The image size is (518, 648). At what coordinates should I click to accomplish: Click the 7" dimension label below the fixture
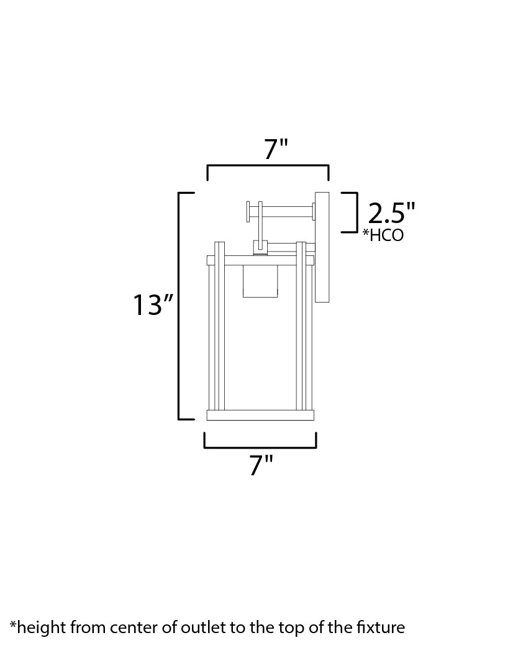tap(261, 465)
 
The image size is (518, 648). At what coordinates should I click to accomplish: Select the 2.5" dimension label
tap(391, 213)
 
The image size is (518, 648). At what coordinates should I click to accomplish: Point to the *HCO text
tap(383, 235)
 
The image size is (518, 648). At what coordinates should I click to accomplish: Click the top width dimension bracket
tap(268, 167)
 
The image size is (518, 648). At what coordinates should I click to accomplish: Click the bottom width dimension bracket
tap(260, 446)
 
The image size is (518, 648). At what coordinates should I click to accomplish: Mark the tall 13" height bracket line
tap(180, 306)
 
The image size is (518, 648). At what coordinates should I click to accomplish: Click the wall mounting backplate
tap(322, 247)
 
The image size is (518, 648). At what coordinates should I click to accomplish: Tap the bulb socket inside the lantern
tap(260, 281)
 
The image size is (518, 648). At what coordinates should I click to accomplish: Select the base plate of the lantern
tap(260, 415)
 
